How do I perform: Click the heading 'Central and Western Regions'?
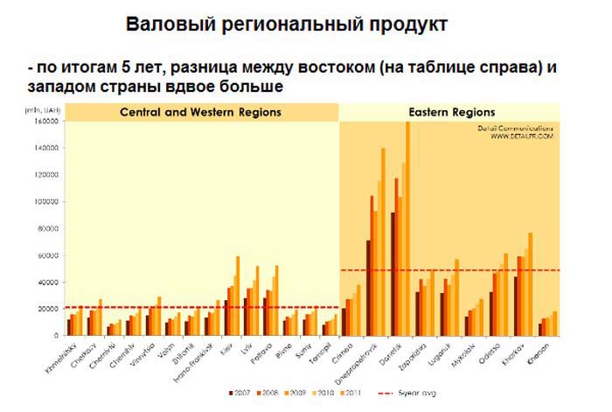coord(200,113)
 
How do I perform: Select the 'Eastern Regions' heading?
coord(451,113)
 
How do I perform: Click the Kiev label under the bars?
coord(229,349)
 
